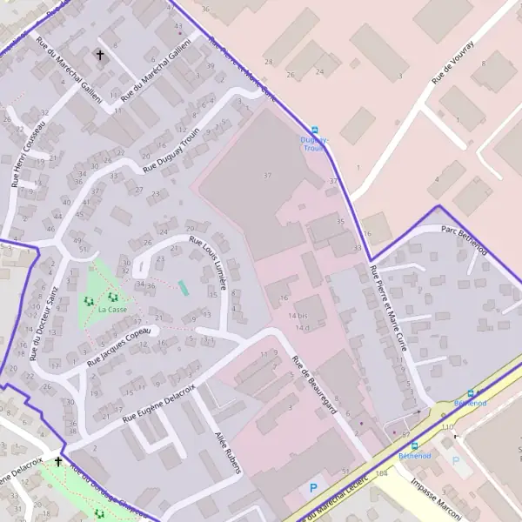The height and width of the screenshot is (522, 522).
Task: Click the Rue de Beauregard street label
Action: tap(314, 384)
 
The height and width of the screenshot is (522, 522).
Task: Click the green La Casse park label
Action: tap(113, 309)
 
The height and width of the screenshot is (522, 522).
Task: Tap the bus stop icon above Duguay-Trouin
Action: tap(315, 129)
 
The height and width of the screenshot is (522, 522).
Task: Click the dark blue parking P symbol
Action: tap(313, 487)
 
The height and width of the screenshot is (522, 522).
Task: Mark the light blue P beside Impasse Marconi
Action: tap(455, 460)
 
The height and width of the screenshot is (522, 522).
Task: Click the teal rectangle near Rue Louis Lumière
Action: tap(183, 286)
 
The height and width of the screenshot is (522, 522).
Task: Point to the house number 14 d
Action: tap(302, 327)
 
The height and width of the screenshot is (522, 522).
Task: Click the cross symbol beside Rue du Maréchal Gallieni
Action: tap(99, 56)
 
